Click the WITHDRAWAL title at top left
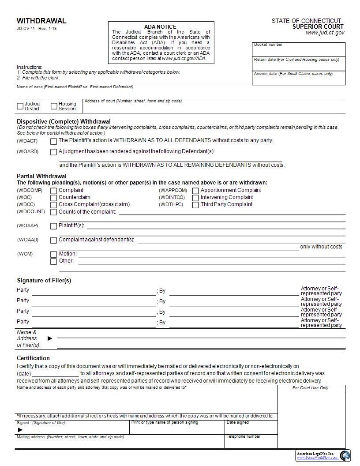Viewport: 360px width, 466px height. coord(41,21)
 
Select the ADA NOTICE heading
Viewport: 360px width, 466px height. coord(160,27)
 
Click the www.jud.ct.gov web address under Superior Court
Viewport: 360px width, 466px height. coord(325,33)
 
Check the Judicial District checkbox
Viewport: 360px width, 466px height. coord(20,106)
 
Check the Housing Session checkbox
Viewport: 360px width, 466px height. coord(54,106)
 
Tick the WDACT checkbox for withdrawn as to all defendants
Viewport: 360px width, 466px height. coord(53,142)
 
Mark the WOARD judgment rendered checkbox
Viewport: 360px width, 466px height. coord(53,152)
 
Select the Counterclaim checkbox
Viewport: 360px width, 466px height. coord(53,198)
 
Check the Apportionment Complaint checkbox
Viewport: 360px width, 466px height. coord(195,191)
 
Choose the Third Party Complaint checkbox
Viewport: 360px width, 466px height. coord(195,205)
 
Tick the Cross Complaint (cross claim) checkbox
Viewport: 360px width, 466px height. coord(53,205)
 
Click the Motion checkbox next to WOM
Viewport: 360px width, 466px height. coord(53,255)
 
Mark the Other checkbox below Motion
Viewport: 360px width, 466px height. coord(53,262)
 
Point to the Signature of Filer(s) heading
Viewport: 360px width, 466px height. coord(44,281)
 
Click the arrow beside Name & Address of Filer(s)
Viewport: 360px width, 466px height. coord(50,338)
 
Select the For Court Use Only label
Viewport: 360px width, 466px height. coord(310,388)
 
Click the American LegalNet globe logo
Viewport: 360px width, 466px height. coord(345,455)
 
